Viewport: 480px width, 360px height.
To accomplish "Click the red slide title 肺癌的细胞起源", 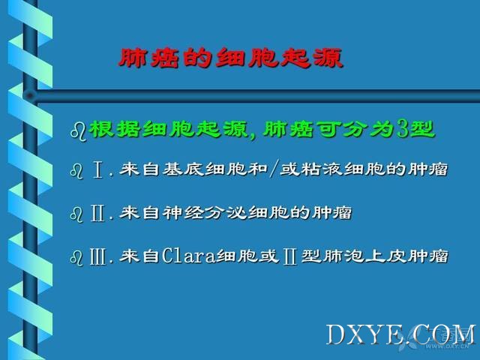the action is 230,58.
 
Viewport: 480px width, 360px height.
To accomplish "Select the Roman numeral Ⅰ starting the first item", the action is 97,170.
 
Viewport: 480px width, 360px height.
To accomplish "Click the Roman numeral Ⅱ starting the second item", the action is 97,213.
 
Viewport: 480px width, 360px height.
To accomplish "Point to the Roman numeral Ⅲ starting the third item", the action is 98,256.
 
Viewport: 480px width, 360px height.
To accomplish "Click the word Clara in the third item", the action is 188,256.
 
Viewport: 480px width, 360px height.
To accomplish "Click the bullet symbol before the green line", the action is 78,130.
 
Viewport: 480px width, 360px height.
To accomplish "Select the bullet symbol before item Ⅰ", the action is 76,171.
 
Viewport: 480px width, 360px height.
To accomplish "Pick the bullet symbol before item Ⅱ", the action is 76,214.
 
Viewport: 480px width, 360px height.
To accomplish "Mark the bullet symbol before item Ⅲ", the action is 76,257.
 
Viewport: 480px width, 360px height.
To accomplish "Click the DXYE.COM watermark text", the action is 401,334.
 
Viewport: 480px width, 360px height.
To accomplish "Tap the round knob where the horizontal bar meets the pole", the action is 30,96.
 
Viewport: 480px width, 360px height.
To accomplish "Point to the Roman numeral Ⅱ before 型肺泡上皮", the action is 290,256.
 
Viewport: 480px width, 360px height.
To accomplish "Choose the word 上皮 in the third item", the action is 386,256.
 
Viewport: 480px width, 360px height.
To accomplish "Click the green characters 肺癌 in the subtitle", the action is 287,129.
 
